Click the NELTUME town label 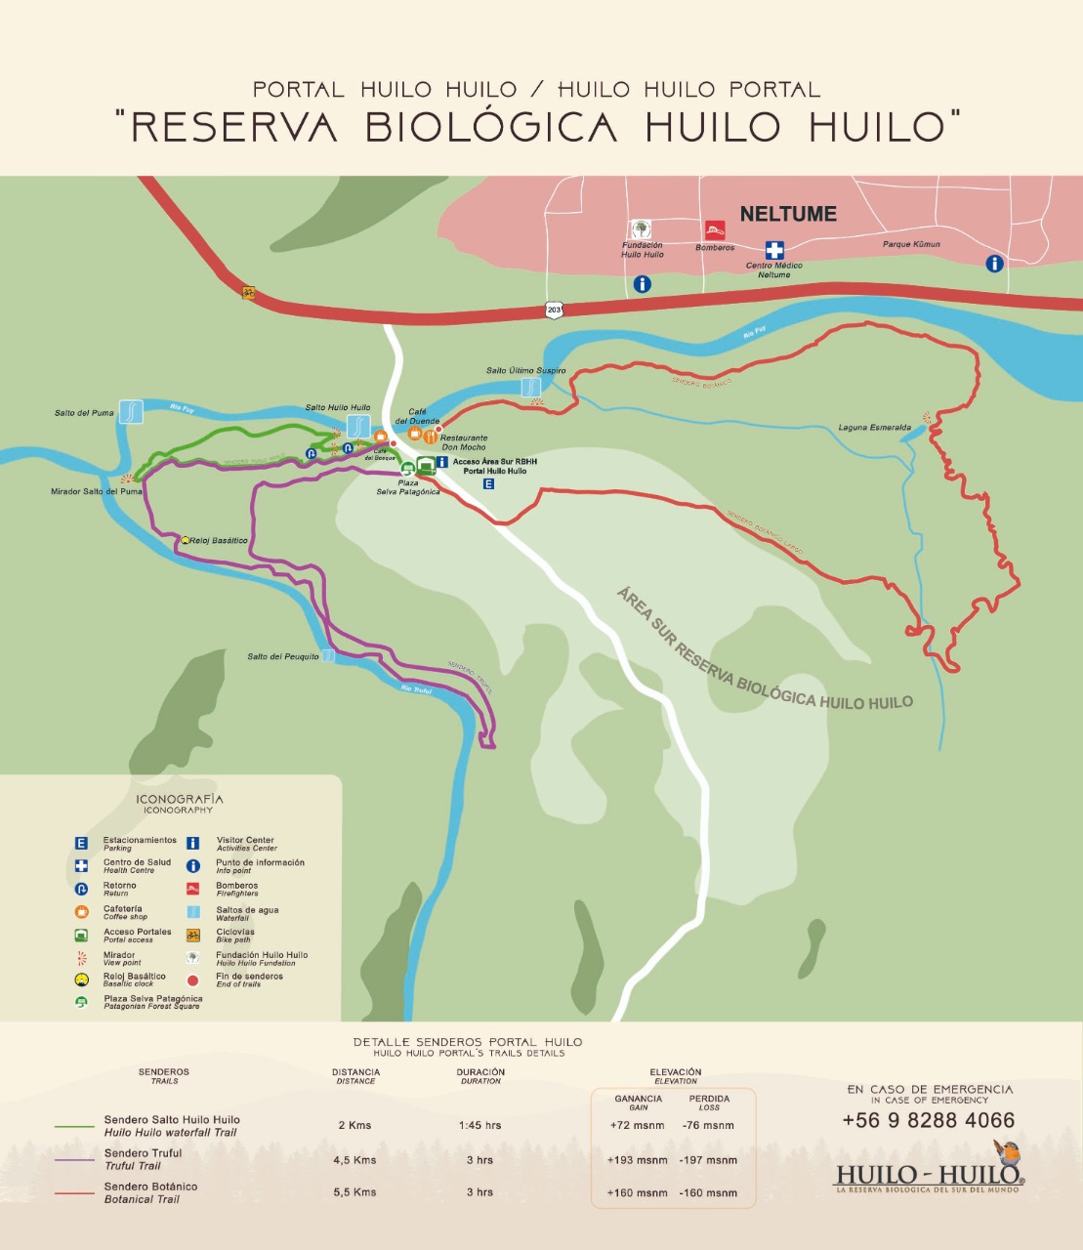click(788, 214)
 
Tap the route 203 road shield click(554, 310)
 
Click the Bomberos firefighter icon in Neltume click(716, 230)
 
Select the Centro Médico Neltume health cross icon click(774, 250)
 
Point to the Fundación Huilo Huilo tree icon click(641, 229)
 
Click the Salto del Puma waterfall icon click(131, 411)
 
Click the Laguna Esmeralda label click(874, 428)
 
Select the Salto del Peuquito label click(283, 656)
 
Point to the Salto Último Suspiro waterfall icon click(531, 387)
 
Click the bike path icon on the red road click(249, 292)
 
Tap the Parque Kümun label click(911, 244)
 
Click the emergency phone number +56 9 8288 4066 click(928, 1120)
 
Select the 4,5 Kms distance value click(354, 1160)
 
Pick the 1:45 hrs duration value click(479, 1125)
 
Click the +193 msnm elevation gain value click(637, 1160)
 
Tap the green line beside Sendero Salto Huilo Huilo click(74, 1126)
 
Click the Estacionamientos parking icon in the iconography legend click(82, 843)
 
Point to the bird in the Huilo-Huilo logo click(1007, 1152)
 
